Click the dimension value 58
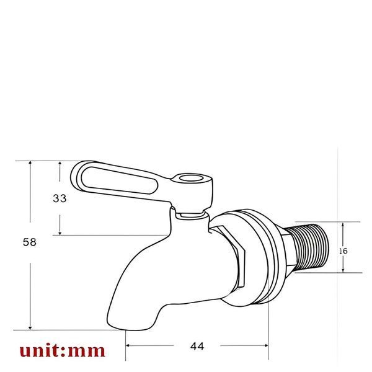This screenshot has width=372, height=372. pos(30,242)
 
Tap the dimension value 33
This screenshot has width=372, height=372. pos(60,198)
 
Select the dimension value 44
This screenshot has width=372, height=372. pos(197,347)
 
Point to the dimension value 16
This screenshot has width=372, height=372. pos(343,251)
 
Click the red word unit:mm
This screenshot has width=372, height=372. pos(63,351)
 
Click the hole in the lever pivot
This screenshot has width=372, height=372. pos(191,178)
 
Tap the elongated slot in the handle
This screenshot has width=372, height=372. pos(119,180)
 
